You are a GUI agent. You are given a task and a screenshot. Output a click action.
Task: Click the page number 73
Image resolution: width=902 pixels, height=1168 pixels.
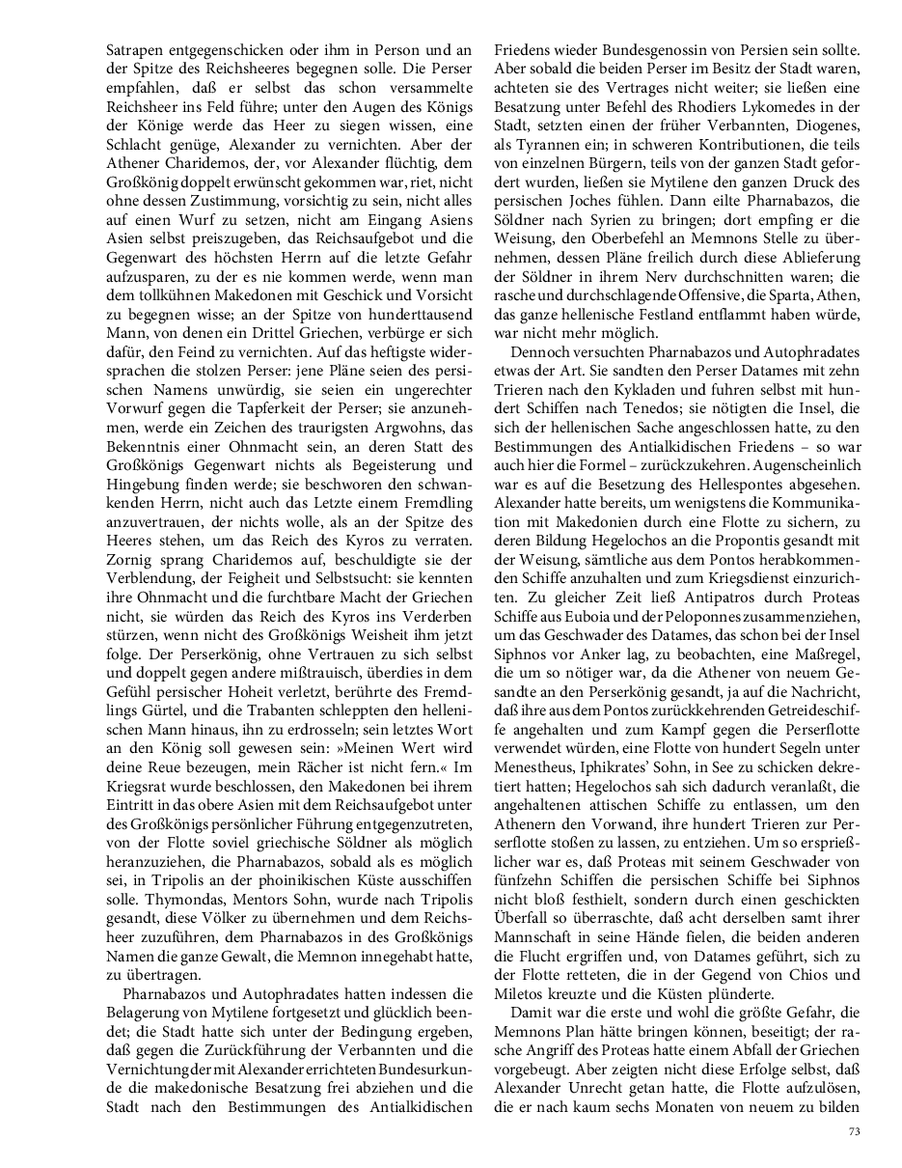tap(854, 1131)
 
